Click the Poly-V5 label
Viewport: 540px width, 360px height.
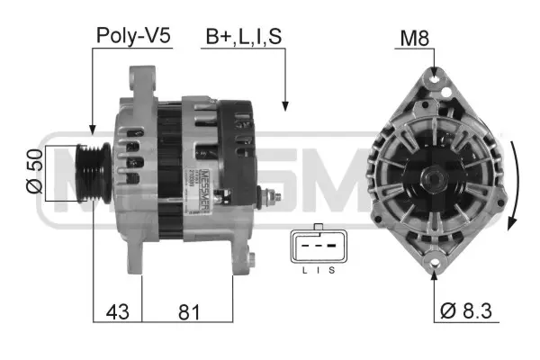click(132, 36)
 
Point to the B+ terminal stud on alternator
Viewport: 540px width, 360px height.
click(270, 196)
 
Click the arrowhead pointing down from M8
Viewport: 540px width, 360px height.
click(435, 69)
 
